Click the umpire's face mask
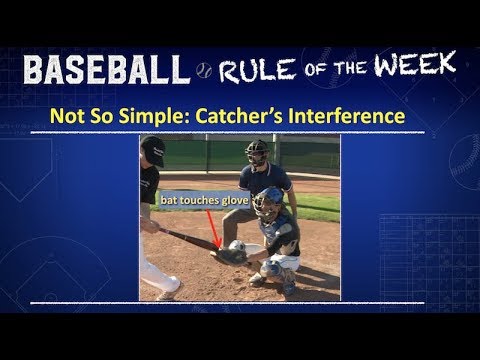coord(257,154)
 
